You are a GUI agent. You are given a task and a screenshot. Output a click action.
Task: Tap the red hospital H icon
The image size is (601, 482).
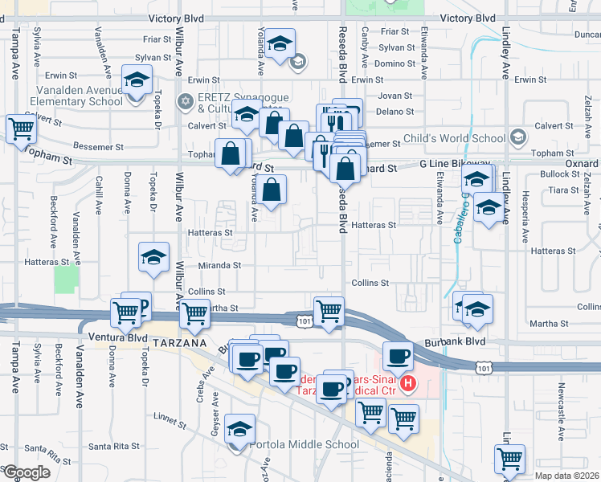point(409,384)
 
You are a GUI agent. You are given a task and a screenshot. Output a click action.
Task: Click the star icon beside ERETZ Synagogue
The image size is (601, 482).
point(186,100)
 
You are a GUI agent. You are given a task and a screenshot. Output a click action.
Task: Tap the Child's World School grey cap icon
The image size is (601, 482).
point(518,135)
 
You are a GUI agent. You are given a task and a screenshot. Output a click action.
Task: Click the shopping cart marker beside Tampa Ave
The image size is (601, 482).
point(20,128)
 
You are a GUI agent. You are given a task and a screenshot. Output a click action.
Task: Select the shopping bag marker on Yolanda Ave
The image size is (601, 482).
point(272,190)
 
